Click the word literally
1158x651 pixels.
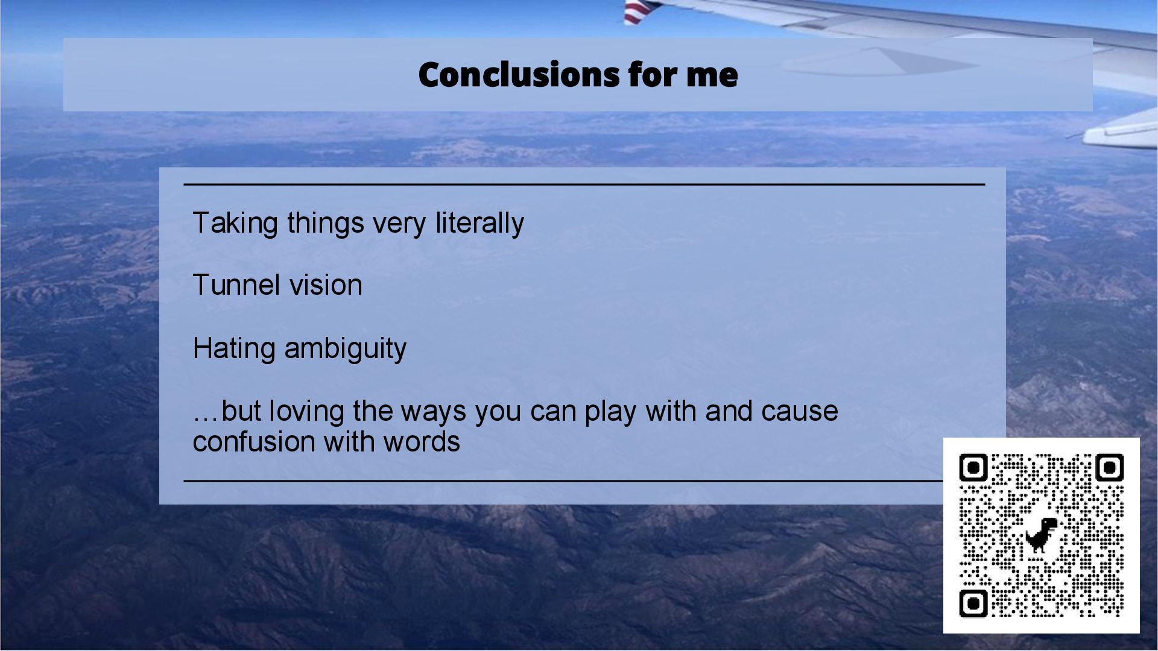(x=479, y=224)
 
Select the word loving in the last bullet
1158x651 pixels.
(x=306, y=412)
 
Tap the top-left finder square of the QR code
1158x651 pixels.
(x=973, y=468)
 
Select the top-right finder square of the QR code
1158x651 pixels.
(x=1109, y=468)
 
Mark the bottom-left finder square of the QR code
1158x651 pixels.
(x=973, y=603)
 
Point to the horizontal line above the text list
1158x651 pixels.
(x=584, y=184)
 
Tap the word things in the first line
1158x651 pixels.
(x=326, y=224)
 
